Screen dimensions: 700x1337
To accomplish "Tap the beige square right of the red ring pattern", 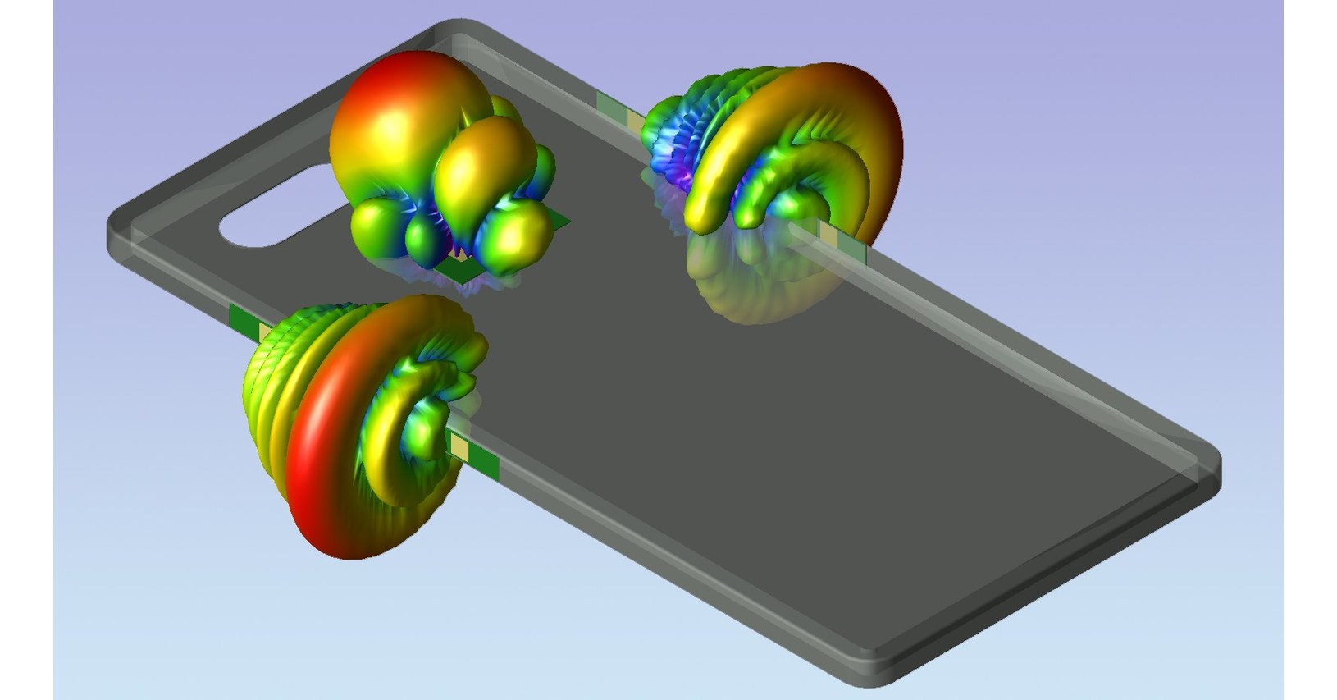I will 461,448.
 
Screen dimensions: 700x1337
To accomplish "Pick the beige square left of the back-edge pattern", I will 635,120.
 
